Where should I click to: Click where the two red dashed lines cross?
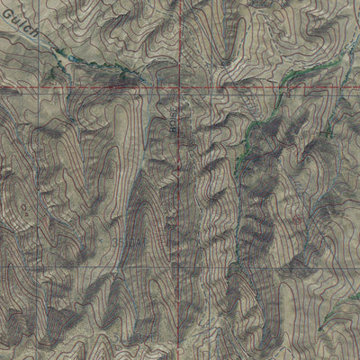[179, 89]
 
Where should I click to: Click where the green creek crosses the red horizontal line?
[281, 88]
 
